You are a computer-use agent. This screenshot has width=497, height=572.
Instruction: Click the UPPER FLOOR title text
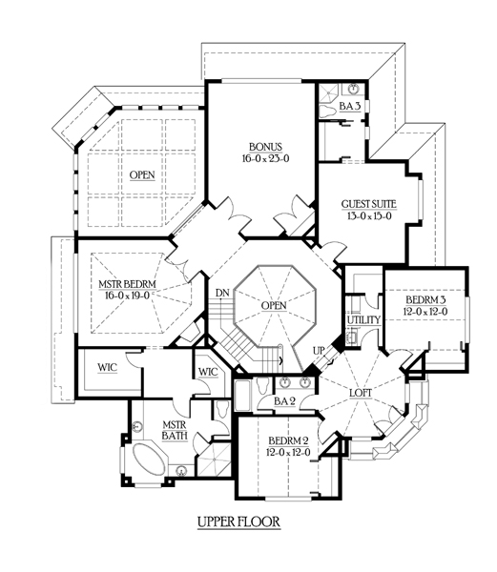[x=239, y=521]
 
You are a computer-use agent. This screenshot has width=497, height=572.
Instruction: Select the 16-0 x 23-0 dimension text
[x=265, y=158]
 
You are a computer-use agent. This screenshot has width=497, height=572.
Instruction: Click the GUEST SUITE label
[x=369, y=204]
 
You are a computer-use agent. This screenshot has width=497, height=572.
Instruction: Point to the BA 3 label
[x=350, y=106]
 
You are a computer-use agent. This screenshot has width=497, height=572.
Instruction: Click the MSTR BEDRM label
[x=128, y=284]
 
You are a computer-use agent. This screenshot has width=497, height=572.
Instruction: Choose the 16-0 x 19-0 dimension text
[x=128, y=296]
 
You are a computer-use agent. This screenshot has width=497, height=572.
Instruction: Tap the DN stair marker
[x=222, y=293]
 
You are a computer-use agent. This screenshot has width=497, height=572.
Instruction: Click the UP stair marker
[x=319, y=351]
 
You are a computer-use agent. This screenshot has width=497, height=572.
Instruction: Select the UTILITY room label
[x=363, y=320]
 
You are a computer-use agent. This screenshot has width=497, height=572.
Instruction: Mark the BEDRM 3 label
[x=425, y=300]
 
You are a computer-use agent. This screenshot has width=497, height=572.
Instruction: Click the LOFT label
[x=361, y=393]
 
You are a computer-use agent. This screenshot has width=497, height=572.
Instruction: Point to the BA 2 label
[x=284, y=401]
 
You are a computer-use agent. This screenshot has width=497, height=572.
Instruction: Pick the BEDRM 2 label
[x=288, y=440]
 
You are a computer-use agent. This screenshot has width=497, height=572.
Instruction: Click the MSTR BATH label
[x=175, y=430]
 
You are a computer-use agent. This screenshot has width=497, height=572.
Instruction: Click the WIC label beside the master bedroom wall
[x=108, y=367]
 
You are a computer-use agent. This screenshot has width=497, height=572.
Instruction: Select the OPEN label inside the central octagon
[x=274, y=305]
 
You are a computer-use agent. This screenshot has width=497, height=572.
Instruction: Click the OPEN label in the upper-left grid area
[x=142, y=175]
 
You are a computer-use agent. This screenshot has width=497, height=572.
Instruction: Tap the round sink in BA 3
[x=353, y=89]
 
